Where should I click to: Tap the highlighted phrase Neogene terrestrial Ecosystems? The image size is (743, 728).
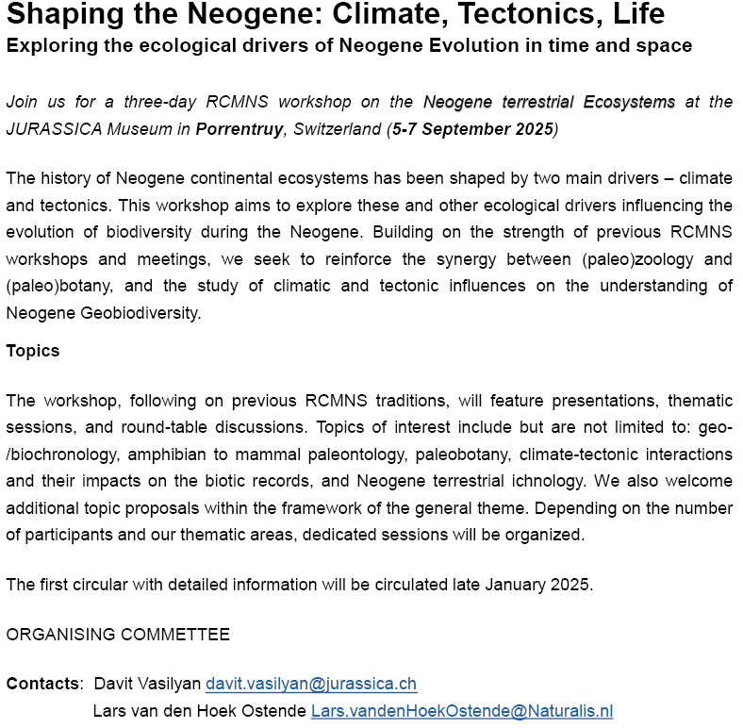[549, 103]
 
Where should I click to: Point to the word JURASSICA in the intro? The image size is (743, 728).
[50, 129]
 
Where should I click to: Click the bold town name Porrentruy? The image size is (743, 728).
[239, 129]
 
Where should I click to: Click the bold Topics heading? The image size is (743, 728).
[33, 351]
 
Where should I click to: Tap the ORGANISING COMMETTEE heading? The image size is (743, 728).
[118, 635]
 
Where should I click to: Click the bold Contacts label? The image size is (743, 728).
[42, 684]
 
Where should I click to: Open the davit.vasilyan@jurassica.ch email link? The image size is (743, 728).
[311, 684]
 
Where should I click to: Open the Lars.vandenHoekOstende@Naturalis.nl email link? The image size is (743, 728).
[462, 711]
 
